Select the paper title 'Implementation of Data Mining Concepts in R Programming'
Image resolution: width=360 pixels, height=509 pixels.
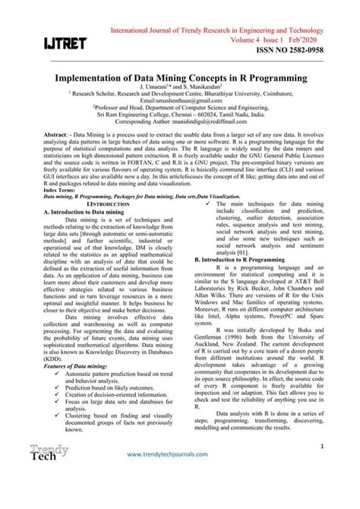[x=181, y=78]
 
